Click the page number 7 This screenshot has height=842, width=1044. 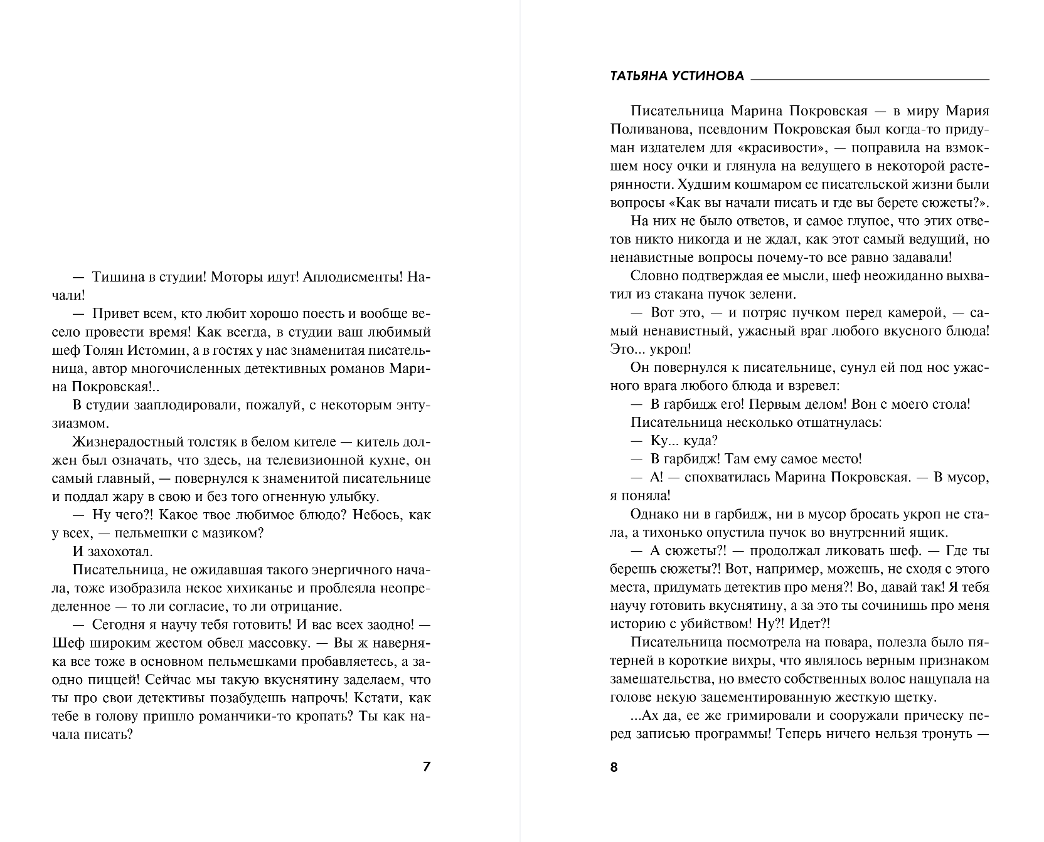click(427, 767)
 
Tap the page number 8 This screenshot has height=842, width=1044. click(614, 767)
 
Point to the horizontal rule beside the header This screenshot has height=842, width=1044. click(870, 80)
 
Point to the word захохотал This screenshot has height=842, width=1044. click(118, 552)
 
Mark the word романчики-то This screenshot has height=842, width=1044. click(222, 716)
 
